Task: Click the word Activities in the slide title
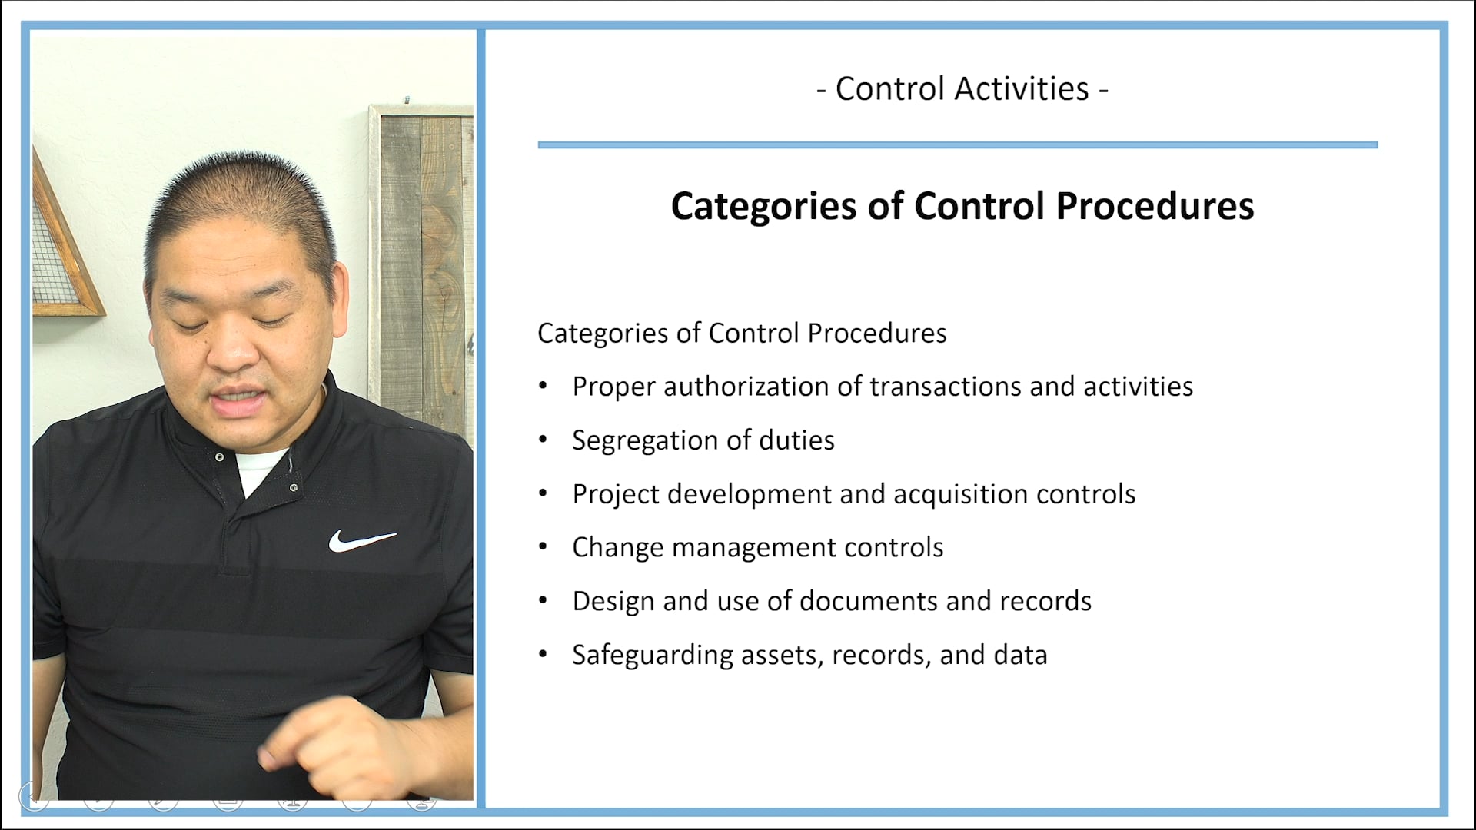coord(1022,89)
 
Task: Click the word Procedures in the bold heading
coord(1155,206)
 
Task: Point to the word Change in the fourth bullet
coord(617,548)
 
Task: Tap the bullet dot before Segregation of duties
coord(543,440)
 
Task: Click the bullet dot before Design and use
coord(543,600)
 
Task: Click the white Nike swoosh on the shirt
coord(361,540)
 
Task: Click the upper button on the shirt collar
coord(220,457)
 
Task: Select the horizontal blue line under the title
coord(957,144)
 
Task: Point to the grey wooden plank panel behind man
coord(423,254)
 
